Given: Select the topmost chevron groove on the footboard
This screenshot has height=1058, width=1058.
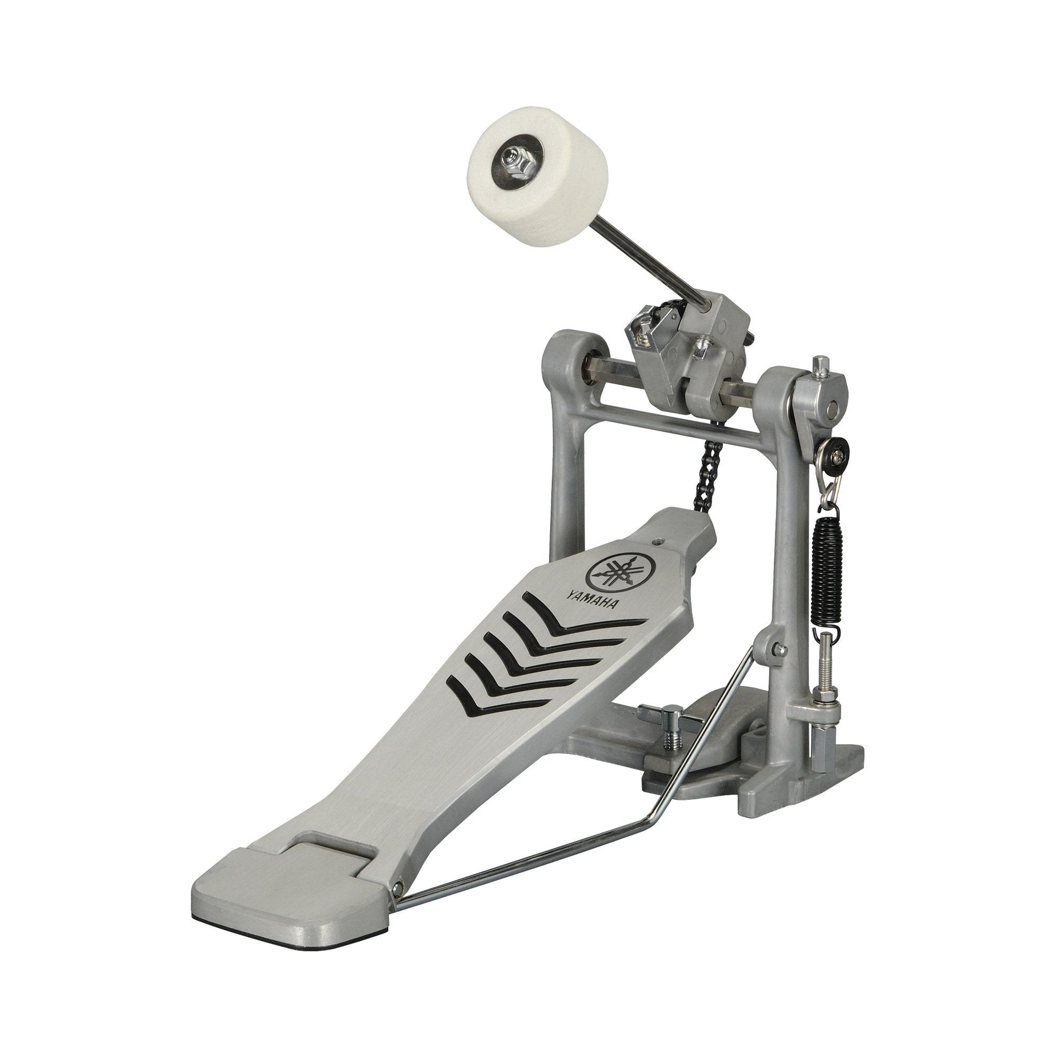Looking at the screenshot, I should coord(581,617).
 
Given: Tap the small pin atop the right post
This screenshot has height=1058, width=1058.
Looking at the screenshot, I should coord(820,364).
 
